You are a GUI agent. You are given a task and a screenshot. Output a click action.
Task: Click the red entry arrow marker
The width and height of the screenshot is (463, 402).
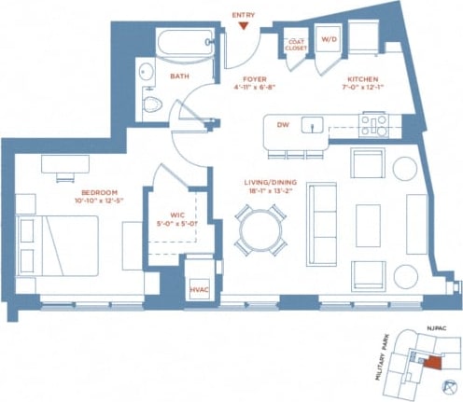click(x=243, y=26)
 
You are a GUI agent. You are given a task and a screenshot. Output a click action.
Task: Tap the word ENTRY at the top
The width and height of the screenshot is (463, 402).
click(x=243, y=15)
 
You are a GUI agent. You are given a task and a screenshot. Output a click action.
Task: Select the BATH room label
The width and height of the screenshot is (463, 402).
click(x=180, y=76)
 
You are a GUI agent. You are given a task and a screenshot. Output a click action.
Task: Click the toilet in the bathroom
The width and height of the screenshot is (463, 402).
click(x=151, y=104)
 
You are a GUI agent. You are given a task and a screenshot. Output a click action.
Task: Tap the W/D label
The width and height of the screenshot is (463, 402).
click(x=330, y=41)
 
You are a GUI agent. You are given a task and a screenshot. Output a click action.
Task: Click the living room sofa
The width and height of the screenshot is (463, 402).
click(x=322, y=224)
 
